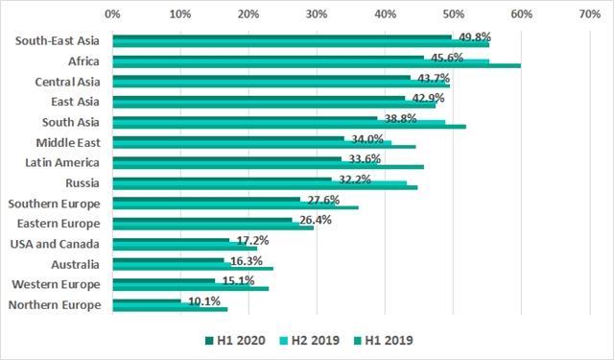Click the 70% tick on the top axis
tap(590, 14)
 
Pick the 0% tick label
tap(112, 14)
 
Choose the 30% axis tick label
tap(317, 14)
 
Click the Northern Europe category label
tap(55, 305)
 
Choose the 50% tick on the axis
tap(453, 14)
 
